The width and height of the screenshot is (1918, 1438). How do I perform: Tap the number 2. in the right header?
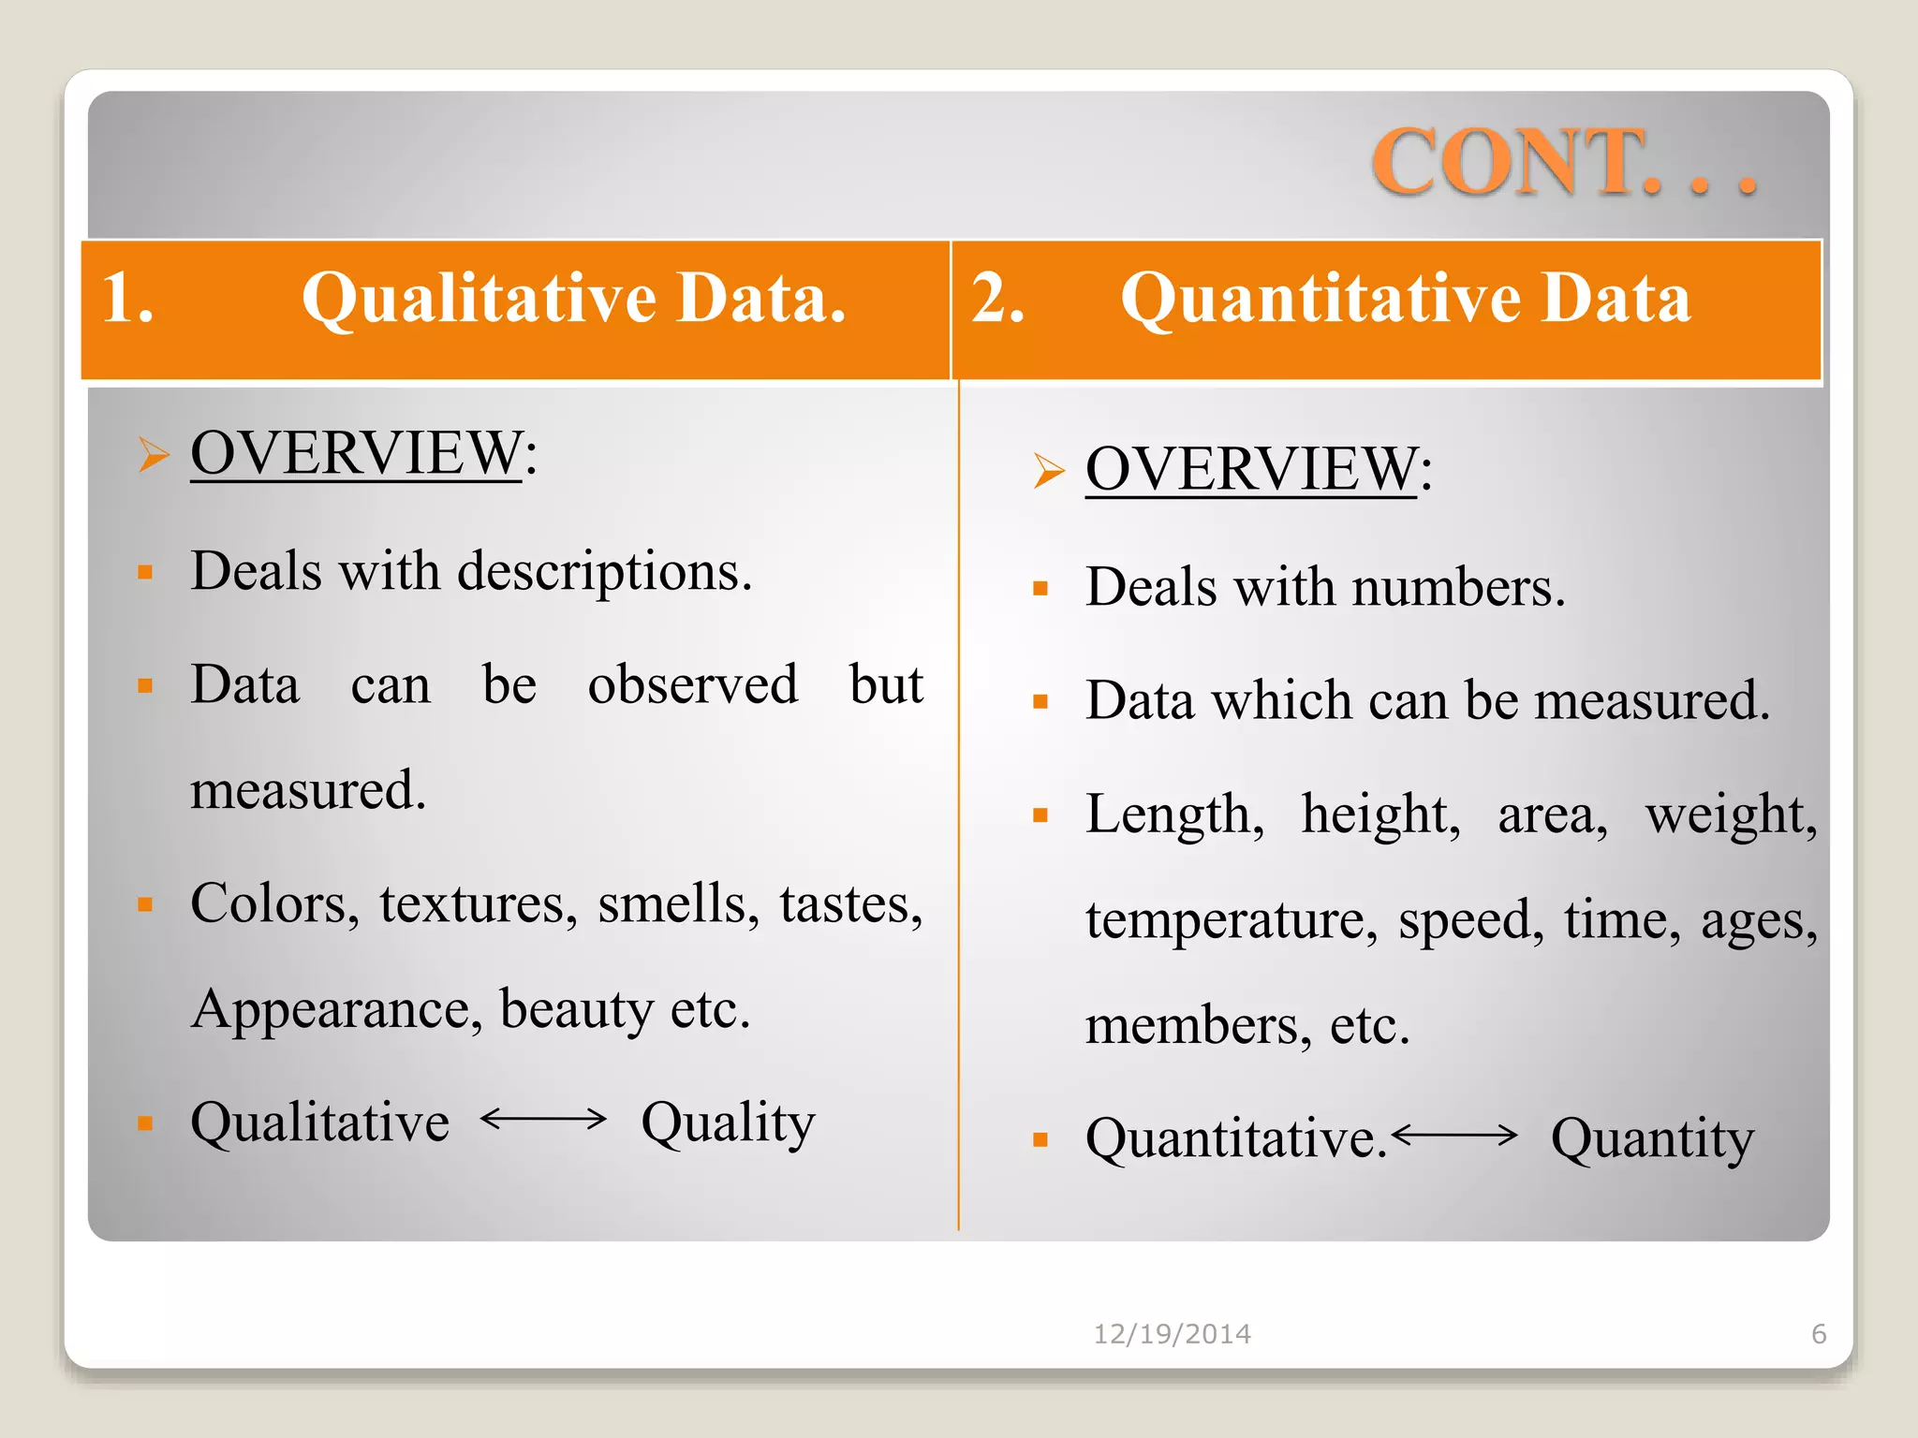[x=998, y=299]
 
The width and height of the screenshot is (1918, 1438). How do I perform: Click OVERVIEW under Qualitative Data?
[x=356, y=453]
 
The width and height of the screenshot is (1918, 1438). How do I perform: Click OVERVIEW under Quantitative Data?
[x=1251, y=469]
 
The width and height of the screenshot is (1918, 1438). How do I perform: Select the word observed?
[x=693, y=684]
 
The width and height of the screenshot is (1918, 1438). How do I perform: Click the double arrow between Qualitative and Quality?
[x=543, y=1119]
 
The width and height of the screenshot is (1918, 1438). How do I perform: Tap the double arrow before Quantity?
[x=1454, y=1136]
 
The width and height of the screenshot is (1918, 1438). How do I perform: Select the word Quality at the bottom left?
[x=728, y=1123]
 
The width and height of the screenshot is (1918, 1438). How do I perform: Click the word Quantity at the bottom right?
[x=1652, y=1139]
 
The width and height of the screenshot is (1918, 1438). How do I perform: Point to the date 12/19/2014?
[x=1173, y=1334]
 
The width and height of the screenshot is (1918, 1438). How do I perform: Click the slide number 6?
[x=1819, y=1334]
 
